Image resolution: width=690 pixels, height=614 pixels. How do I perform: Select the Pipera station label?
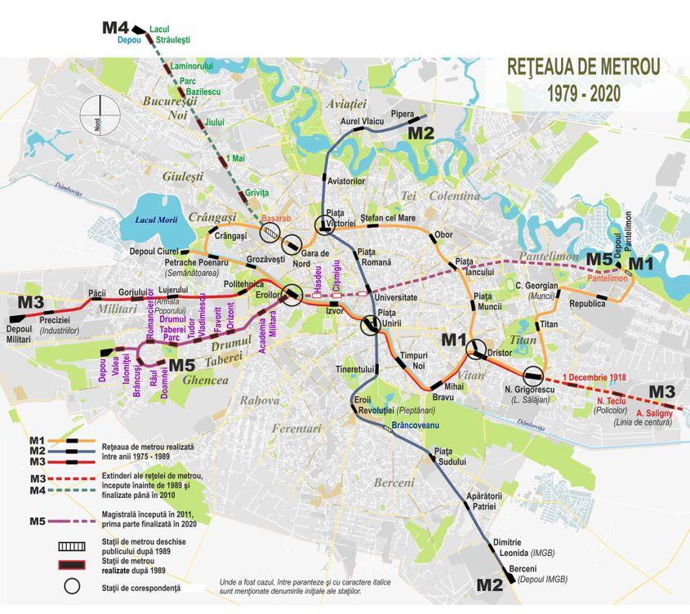(x=403, y=114)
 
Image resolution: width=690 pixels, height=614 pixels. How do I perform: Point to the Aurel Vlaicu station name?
(x=362, y=122)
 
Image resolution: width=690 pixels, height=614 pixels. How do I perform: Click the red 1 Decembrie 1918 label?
(x=594, y=378)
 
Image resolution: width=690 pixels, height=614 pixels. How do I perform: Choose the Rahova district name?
(x=259, y=400)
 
